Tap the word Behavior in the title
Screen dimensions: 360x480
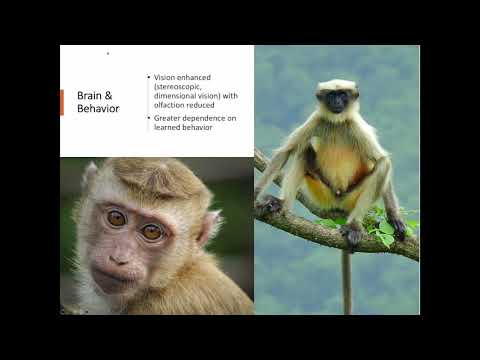click(98, 108)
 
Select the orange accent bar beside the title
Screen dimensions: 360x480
click(62, 102)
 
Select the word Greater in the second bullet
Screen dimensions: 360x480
click(167, 118)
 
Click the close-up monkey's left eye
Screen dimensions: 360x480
click(116, 217)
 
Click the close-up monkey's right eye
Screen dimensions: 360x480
click(152, 232)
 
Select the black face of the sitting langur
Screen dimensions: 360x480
click(337, 100)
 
